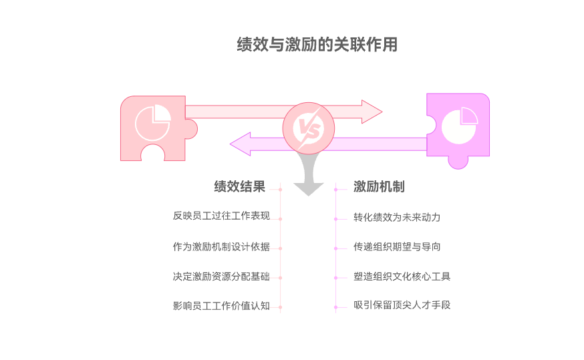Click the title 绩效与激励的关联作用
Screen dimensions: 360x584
(317, 45)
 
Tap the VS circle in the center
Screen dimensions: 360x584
(307, 127)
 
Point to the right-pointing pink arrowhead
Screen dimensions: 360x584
(371, 112)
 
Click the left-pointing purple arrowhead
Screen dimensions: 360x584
(241, 143)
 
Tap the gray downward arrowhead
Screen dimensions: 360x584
(307, 186)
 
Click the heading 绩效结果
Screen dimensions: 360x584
(239, 187)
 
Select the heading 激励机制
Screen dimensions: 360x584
(379, 187)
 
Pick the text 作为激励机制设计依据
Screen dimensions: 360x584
(221, 247)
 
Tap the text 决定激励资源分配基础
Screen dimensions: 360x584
(221, 277)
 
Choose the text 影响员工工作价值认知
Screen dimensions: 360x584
(221, 307)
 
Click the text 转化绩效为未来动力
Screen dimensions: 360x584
(397, 218)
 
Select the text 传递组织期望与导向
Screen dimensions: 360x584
(397, 247)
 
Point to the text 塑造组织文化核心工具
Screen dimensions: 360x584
(402, 277)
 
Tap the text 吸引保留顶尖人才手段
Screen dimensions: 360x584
(402, 306)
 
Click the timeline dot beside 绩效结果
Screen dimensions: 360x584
(280, 189)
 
